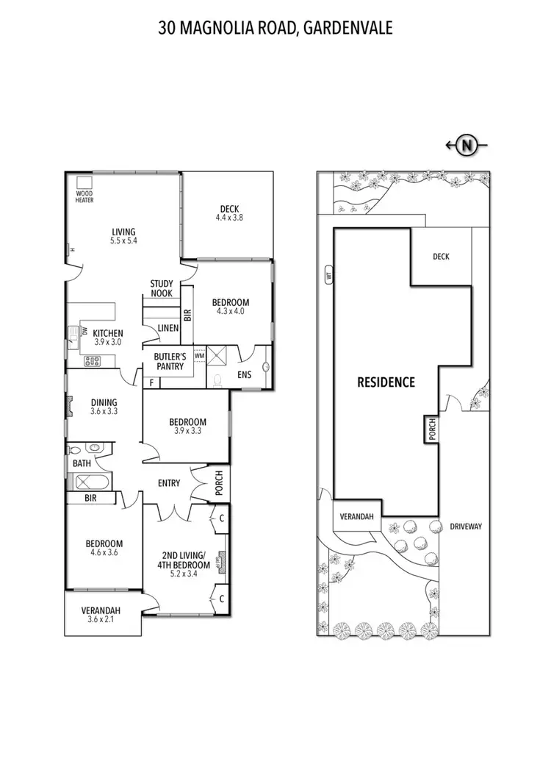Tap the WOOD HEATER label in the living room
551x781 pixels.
click(x=84, y=197)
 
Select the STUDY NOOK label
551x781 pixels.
click(x=162, y=288)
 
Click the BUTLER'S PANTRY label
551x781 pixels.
click(x=168, y=362)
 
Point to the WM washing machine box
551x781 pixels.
click(x=199, y=356)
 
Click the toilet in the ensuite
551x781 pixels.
click(x=217, y=380)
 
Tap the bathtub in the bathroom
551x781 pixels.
click(x=90, y=483)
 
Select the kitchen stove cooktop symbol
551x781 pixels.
click(x=93, y=360)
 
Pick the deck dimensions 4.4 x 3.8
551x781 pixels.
click(x=229, y=218)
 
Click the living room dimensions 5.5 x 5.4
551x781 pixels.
click(x=123, y=240)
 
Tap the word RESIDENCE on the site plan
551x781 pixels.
click(x=386, y=382)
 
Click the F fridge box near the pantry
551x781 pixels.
click(x=151, y=382)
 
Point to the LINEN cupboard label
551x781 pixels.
click(x=168, y=328)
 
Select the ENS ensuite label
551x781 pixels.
click(x=244, y=375)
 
